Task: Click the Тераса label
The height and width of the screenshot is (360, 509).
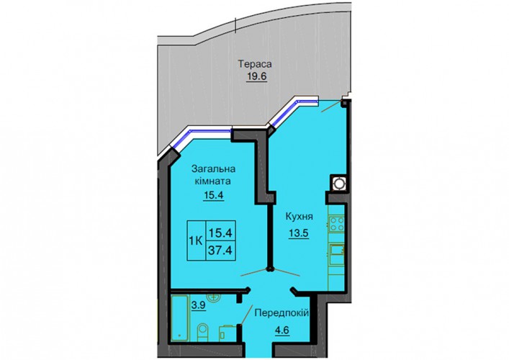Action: (x=255, y=64)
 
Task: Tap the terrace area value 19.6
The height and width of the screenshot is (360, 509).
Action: (x=256, y=76)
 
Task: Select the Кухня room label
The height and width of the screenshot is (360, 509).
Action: (x=299, y=217)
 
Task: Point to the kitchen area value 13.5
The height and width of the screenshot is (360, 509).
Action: (x=299, y=233)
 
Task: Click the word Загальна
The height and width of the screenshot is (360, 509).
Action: (x=213, y=169)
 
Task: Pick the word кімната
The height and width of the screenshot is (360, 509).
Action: (x=213, y=181)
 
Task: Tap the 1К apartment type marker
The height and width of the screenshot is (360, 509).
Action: (x=196, y=241)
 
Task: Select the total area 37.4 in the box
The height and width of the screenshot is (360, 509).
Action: (x=221, y=251)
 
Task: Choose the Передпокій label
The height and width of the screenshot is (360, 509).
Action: (x=281, y=313)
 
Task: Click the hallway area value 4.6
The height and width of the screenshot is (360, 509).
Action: (x=281, y=330)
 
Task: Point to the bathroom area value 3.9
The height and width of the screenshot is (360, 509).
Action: (x=198, y=305)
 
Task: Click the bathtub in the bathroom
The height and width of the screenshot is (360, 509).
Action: (x=179, y=318)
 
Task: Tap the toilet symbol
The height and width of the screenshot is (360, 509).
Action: (x=203, y=331)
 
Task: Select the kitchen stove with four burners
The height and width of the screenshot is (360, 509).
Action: (x=337, y=225)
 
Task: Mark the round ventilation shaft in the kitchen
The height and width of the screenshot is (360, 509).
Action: (x=338, y=184)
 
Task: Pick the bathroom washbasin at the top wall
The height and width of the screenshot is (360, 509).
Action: (x=213, y=297)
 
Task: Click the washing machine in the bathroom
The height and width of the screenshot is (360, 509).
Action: (x=228, y=333)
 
